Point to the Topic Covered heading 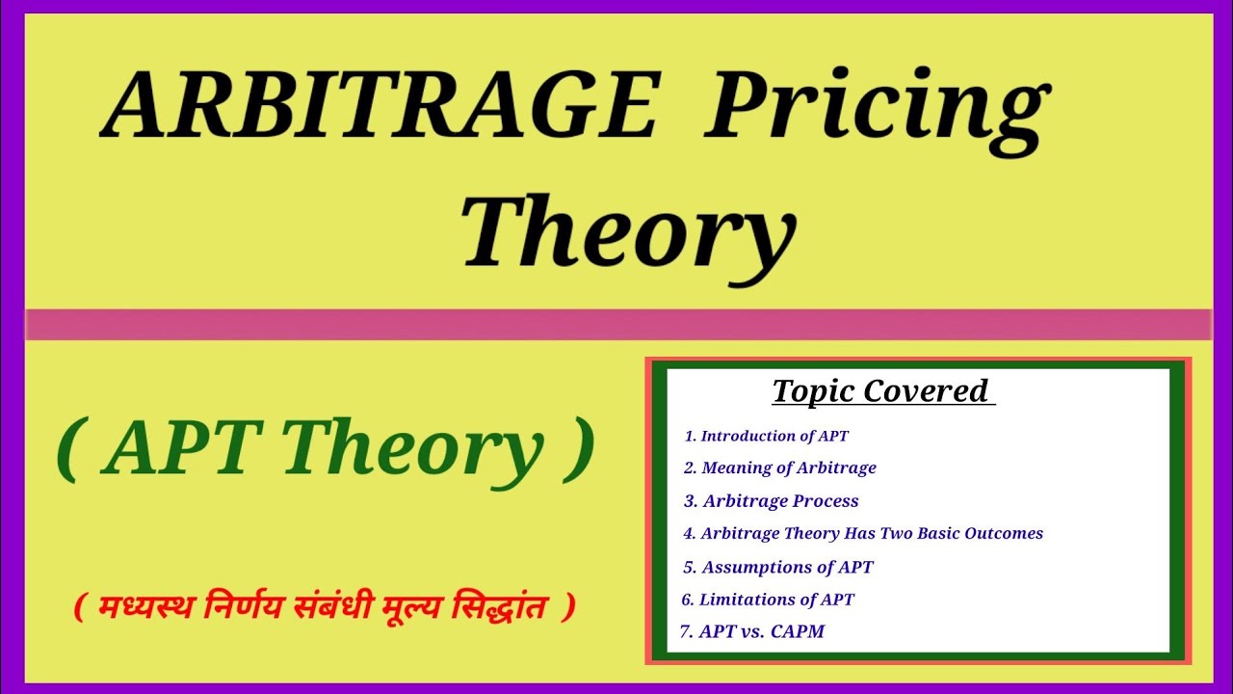[x=882, y=390]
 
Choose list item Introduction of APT [x=767, y=436]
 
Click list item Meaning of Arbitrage [x=780, y=468]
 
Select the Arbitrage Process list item [x=772, y=501]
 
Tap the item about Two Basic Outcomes [x=863, y=533]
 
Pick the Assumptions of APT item [x=778, y=567]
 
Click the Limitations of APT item [x=768, y=600]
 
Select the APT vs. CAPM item [x=752, y=632]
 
